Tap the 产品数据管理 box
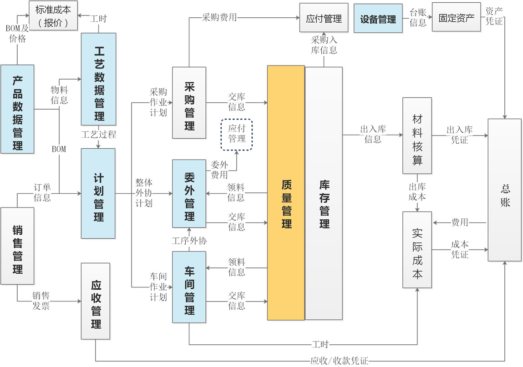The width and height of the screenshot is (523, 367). pyautogui.click(x=17, y=109)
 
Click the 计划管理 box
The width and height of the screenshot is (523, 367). pyautogui.click(x=98, y=193)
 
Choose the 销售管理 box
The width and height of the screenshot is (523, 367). pyautogui.click(x=17, y=246)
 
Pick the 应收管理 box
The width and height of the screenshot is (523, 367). pyautogui.click(x=96, y=301)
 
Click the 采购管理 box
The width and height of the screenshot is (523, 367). pyautogui.click(x=189, y=102)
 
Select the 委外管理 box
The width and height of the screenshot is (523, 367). pyautogui.click(x=189, y=193)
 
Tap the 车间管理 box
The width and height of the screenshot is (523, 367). pyautogui.click(x=189, y=287)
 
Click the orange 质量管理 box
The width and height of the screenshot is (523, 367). pyautogui.click(x=286, y=193)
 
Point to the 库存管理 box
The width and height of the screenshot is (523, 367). pyautogui.click(x=324, y=193)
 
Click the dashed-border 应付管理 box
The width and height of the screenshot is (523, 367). pyautogui.click(x=237, y=133)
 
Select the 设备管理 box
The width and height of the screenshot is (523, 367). pyautogui.click(x=378, y=18)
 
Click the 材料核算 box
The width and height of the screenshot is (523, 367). pyautogui.click(x=417, y=135)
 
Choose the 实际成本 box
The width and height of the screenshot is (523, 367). pyautogui.click(x=417, y=250)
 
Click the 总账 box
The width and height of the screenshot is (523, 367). pyautogui.click(x=504, y=190)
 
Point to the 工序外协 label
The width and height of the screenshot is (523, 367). pyautogui.click(x=189, y=241)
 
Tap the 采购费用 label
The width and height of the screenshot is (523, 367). pyautogui.click(x=219, y=18)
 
